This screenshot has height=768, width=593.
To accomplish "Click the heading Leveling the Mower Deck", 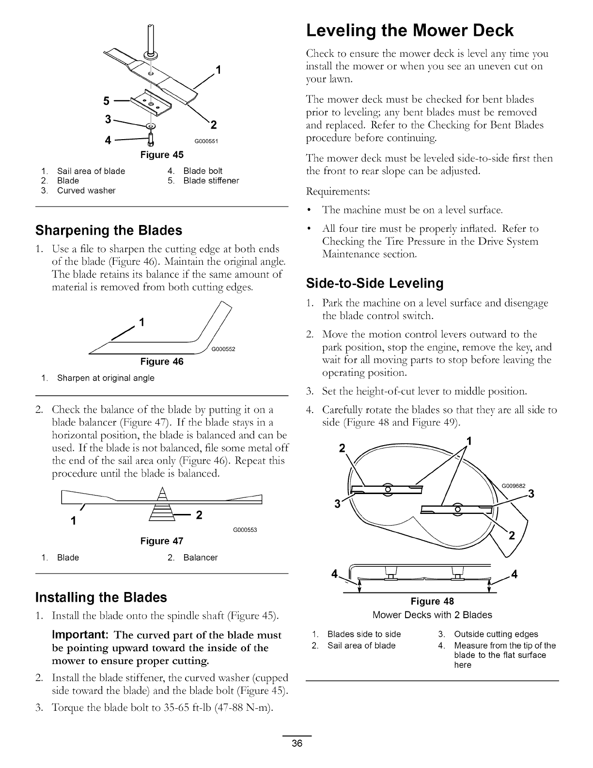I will (x=409, y=31).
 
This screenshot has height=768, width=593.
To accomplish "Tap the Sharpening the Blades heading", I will (x=109, y=230).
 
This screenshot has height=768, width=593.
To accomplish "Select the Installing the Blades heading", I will (x=101, y=597).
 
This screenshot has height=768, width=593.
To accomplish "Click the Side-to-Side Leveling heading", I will (x=375, y=283).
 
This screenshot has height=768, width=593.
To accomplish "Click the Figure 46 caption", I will (x=162, y=362).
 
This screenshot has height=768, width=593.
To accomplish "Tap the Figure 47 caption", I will (x=162, y=541).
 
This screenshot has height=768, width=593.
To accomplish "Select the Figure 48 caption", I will (x=432, y=602).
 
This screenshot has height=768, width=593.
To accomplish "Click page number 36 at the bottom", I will (x=297, y=744).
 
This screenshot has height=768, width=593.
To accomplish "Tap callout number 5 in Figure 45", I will (x=106, y=101).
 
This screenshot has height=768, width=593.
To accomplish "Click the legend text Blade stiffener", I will (x=211, y=181).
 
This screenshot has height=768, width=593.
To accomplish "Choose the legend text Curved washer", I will (x=86, y=191).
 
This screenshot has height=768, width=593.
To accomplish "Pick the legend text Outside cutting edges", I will (x=496, y=634).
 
